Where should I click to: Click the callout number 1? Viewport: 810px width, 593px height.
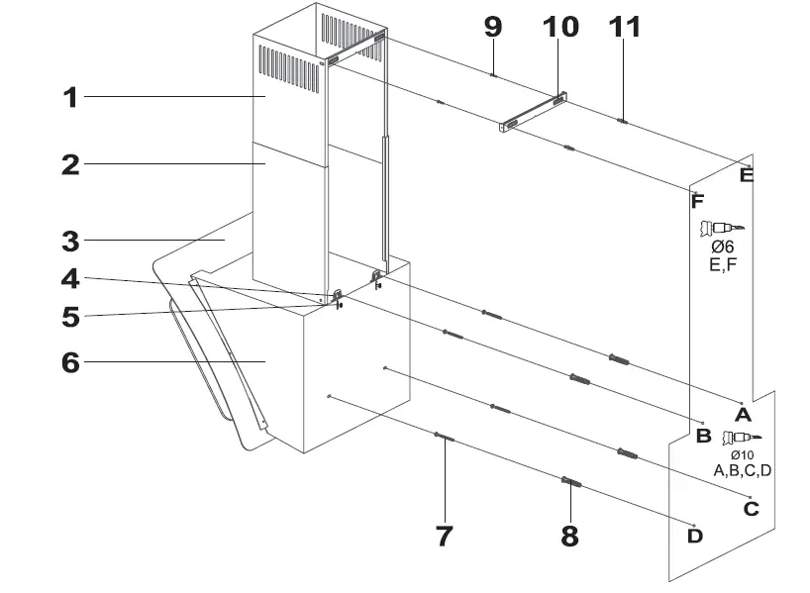69,97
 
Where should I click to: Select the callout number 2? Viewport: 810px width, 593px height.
69,164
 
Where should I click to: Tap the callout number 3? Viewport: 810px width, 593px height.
69,240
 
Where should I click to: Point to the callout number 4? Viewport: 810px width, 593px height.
69,280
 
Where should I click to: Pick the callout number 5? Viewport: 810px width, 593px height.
69,318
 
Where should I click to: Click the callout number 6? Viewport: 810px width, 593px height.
69,362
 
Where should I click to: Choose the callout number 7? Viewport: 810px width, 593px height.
444,536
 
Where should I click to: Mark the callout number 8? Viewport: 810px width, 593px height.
569,536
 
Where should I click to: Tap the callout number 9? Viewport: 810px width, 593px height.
492,27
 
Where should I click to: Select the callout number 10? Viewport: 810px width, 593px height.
559,27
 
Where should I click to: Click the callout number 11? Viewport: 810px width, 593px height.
624,27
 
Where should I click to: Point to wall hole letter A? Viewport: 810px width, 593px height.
742,411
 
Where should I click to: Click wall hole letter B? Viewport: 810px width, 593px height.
703,435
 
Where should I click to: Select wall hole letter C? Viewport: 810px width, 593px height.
751,509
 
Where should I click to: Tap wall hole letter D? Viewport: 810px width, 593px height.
695,536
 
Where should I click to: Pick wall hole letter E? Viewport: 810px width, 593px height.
747,176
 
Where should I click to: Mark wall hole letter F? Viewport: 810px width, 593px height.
697,201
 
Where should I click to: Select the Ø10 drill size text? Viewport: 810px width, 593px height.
742,454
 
